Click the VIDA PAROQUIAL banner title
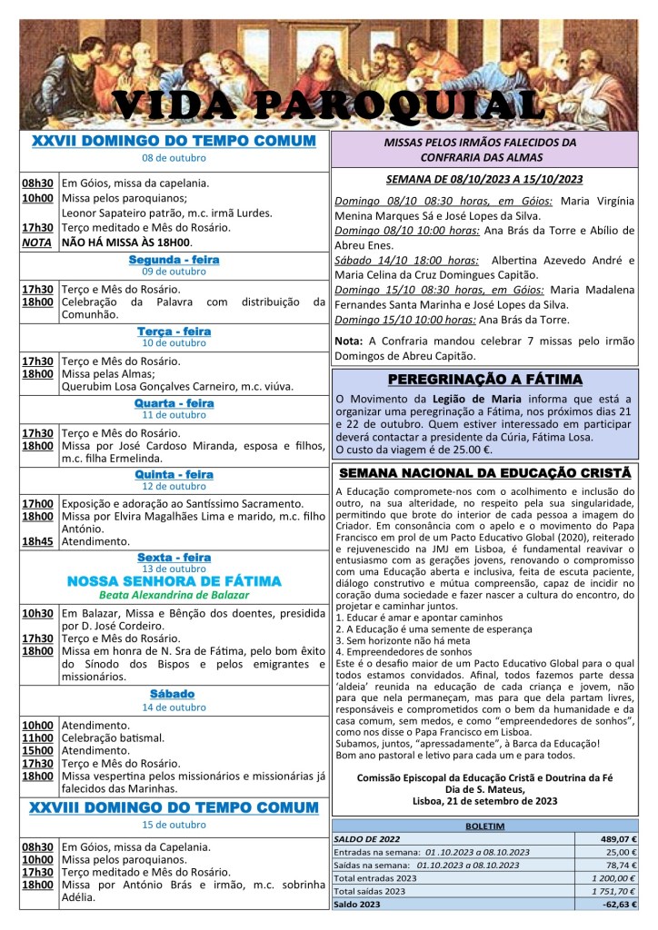click(329, 105)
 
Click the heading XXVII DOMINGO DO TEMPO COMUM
click(174, 142)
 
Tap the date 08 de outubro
click(174, 158)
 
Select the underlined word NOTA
click(37, 242)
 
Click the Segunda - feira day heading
click(174, 260)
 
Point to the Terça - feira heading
click(174, 331)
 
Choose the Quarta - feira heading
click(174, 402)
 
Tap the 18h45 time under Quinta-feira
click(37, 541)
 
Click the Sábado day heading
click(174, 695)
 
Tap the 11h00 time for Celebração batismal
click(37, 738)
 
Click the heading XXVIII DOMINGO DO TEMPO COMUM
click(174, 807)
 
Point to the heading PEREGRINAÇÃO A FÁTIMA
click(484, 379)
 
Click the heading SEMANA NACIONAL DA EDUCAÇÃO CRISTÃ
click(484, 473)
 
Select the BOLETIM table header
click(484, 826)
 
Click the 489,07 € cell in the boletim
click(614, 839)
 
